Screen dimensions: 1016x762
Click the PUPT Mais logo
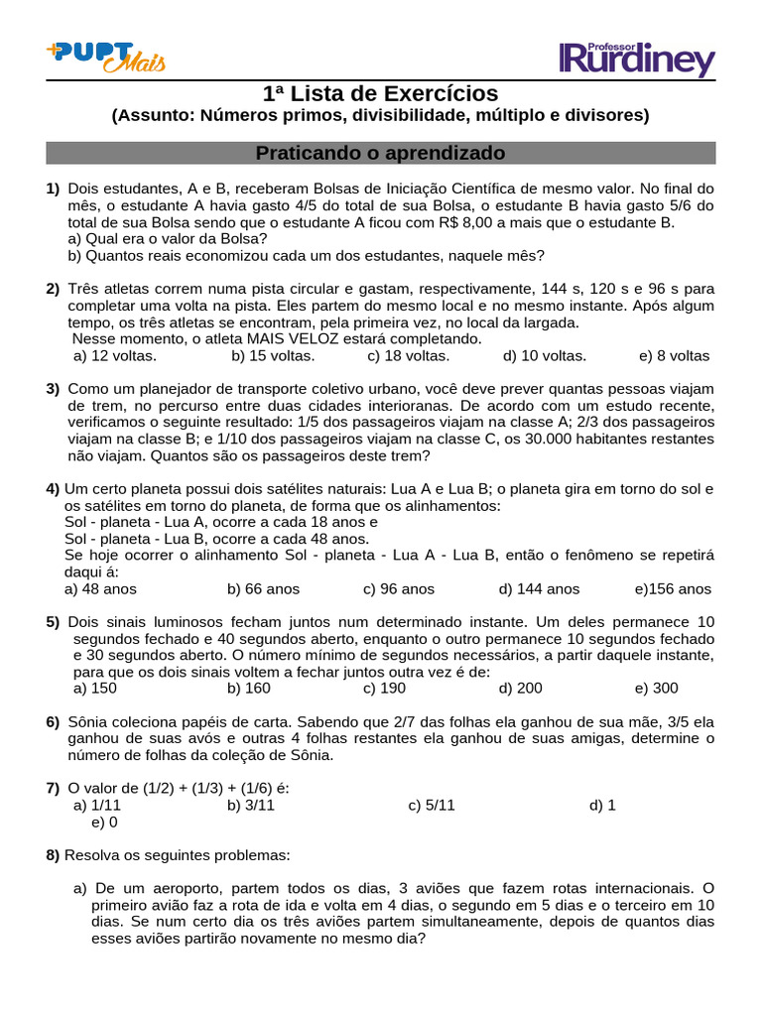click(105, 57)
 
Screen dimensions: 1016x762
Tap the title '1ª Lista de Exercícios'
click(381, 94)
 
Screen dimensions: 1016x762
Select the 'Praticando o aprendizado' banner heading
click(381, 154)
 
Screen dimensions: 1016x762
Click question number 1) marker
click(53, 189)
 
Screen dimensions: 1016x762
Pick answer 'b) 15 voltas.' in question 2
click(273, 355)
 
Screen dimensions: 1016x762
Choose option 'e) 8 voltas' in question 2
click(675, 355)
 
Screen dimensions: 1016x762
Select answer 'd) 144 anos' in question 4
click(539, 588)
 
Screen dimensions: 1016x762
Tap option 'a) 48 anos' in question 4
click(100, 588)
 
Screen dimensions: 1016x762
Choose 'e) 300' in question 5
click(657, 688)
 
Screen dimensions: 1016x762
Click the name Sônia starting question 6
click(90, 721)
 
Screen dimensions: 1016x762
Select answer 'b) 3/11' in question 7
click(250, 805)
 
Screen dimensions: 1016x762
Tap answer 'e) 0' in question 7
click(104, 822)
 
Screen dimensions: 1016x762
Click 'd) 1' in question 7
click(602, 805)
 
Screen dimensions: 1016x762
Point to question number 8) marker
click(53, 854)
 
